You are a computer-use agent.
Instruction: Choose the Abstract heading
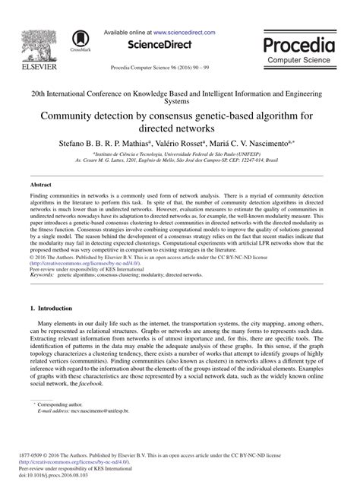coord(40,185)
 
